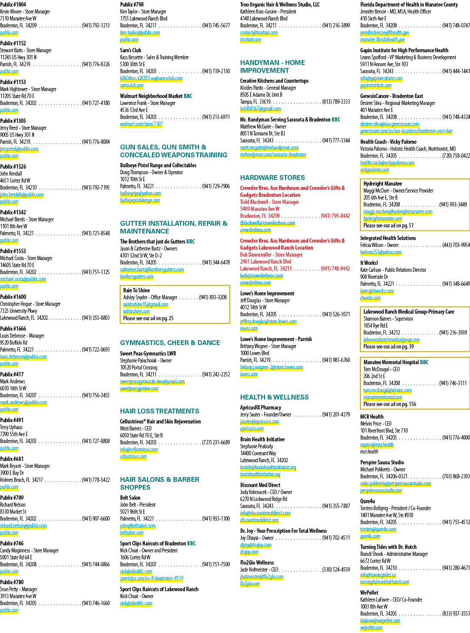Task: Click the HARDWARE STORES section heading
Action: pyautogui.click(x=272, y=177)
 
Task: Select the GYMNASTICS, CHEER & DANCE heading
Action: pyautogui.click(x=170, y=342)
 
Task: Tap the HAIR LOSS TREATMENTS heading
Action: pyautogui.click(x=159, y=411)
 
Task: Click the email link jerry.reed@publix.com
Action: pyautogui.click(x=19, y=149)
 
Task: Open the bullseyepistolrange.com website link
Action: pyautogui.click(x=140, y=200)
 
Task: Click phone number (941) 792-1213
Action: pyautogui.click(x=96, y=25)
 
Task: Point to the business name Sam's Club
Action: pyautogui.click(x=130, y=50)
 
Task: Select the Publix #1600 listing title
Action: pyautogui.click(x=13, y=297)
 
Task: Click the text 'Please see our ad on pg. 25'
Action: pyautogui.click(x=148, y=318)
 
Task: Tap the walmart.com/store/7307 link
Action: pyautogui.click(x=141, y=124)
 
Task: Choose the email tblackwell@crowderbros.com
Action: pyautogui.click(x=268, y=223)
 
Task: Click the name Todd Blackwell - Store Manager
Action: pyautogui.click(x=269, y=202)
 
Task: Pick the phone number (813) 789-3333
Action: pyautogui.click(x=336, y=102)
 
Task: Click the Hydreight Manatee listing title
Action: pyautogui.click(x=383, y=183)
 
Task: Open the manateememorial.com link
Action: pyautogui.click(x=383, y=397)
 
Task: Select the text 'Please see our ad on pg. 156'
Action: pyautogui.click(x=389, y=404)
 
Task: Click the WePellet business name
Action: pyautogui.click(x=369, y=592)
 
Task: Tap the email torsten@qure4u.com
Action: pyautogui.click(x=378, y=529)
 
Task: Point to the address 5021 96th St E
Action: pyautogui.click(x=132, y=512)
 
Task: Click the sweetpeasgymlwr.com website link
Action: pyautogui.click(x=139, y=389)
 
